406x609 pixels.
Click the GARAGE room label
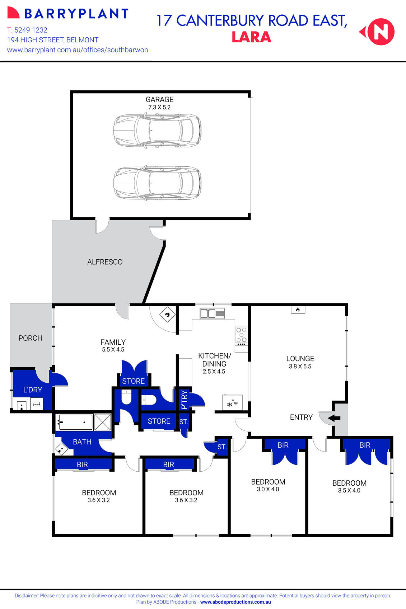[x=159, y=100]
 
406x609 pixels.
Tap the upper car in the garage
[x=157, y=130]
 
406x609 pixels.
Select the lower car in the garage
[x=157, y=183]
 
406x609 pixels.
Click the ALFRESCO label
[x=105, y=262]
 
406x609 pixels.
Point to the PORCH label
[x=31, y=338]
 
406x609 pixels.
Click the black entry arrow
[x=334, y=418]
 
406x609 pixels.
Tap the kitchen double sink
[x=212, y=313]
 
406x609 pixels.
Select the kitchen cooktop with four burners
[x=241, y=335]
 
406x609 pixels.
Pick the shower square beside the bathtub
[x=103, y=422]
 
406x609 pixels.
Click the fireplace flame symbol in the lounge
[x=298, y=310]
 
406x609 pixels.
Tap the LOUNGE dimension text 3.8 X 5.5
[x=300, y=367]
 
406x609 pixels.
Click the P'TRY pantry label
[x=184, y=400]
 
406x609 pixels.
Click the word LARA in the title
[x=251, y=37]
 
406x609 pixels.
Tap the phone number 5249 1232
[x=31, y=30]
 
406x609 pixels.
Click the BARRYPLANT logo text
[x=76, y=14]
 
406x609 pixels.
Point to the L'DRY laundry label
[x=33, y=390]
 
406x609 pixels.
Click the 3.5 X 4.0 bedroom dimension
[x=349, y=491]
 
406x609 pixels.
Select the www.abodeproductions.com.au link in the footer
[x=235, y=602]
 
